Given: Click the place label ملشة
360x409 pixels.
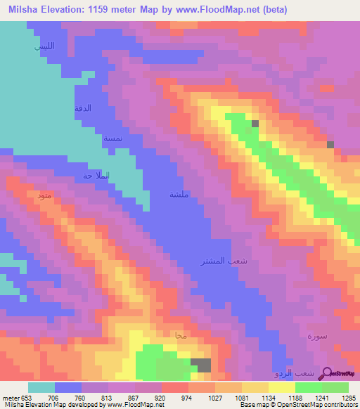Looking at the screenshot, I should [x=179, y=195].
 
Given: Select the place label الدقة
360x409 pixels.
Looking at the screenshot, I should [x=83, y=108].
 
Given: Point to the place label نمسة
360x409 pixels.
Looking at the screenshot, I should [x=113, y=138].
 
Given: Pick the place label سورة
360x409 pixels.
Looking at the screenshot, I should [x=318, y=337].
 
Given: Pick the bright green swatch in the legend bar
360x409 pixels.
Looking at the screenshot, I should [x=309, y=387].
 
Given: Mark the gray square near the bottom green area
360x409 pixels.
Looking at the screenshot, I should [x=202, y=365].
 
